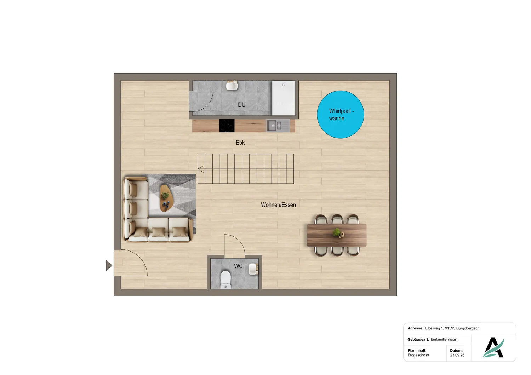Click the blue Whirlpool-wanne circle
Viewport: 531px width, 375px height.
341,114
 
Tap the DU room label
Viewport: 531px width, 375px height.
241,105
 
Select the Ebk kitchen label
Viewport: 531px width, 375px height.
240,143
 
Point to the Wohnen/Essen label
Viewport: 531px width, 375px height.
278,205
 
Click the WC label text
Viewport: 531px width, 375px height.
238,266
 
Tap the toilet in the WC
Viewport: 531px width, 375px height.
225,280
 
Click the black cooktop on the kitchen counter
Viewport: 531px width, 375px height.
227,126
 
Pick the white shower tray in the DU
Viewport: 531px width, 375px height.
284,98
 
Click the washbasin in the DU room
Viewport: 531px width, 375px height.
232,85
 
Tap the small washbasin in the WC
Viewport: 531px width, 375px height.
253,269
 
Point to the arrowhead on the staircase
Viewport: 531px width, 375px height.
201,169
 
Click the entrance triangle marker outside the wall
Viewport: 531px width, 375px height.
109,265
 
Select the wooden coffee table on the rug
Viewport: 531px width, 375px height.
167,198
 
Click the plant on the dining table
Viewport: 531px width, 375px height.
337,232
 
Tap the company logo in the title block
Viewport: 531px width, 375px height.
493,347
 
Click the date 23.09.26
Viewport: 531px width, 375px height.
457,355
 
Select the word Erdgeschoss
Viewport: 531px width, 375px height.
418,355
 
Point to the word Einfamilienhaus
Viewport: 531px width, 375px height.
444,339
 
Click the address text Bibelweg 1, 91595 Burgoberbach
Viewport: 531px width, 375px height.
452,328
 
